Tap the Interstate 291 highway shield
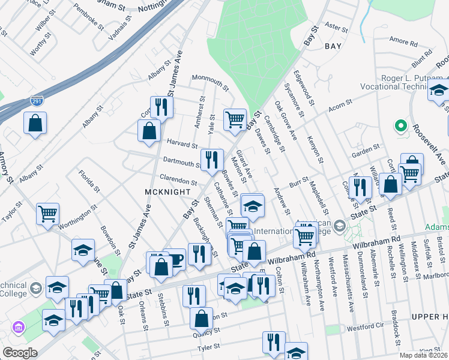(x=37, y=101)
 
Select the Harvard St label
(x=182, y=145)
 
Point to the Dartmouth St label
(x=182, y=163)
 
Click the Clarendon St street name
(x=178, y=181)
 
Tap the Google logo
(x=20, y=353)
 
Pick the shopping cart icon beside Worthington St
(x=47, y=212)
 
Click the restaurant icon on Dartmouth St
(x=211, y=159)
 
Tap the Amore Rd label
(x=403, y=43)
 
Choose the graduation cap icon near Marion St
(x=253, y=205)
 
